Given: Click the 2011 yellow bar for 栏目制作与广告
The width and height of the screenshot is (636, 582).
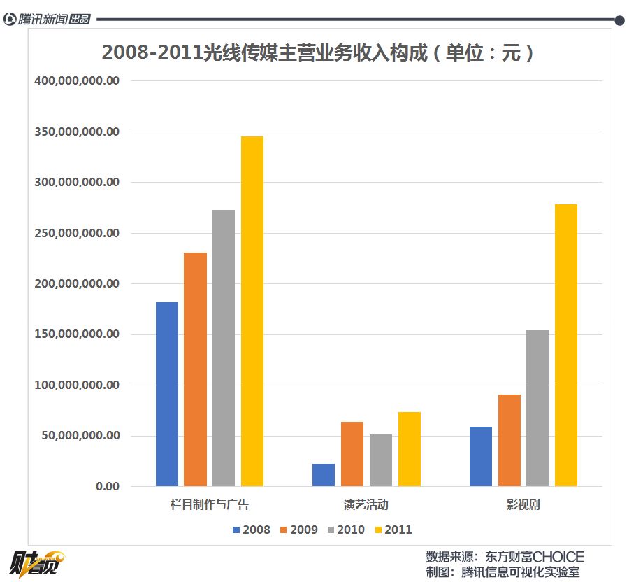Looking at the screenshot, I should point(252,311).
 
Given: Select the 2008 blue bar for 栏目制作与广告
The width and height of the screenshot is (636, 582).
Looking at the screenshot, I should point(167,394).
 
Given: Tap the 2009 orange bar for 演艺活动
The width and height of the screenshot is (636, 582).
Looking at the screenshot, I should point(352,454).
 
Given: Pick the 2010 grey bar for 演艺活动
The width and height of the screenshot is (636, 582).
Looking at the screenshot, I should point(381,460).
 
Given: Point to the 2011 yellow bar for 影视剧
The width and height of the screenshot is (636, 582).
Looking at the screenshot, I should point(566,345).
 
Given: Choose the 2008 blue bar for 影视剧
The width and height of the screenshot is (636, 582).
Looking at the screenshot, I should point(481,456).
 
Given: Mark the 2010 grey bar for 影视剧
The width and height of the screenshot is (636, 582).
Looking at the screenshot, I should point(537,408).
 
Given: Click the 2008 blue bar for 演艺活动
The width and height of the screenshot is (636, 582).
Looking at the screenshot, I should point(324,475).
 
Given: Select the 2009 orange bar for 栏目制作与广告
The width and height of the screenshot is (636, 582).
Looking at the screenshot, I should point(196,369).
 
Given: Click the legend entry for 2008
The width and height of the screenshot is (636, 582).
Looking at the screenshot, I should point(252,530).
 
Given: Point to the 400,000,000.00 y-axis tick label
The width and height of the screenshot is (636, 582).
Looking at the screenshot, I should point(77,81).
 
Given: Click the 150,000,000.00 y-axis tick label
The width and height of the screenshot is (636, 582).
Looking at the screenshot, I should point(77,334).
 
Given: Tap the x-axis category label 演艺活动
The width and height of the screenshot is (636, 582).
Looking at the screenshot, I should point(366,504).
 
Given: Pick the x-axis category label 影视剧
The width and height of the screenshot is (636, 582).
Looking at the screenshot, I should point(523,504).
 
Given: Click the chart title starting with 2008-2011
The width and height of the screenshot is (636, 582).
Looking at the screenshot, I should point(318,53).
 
